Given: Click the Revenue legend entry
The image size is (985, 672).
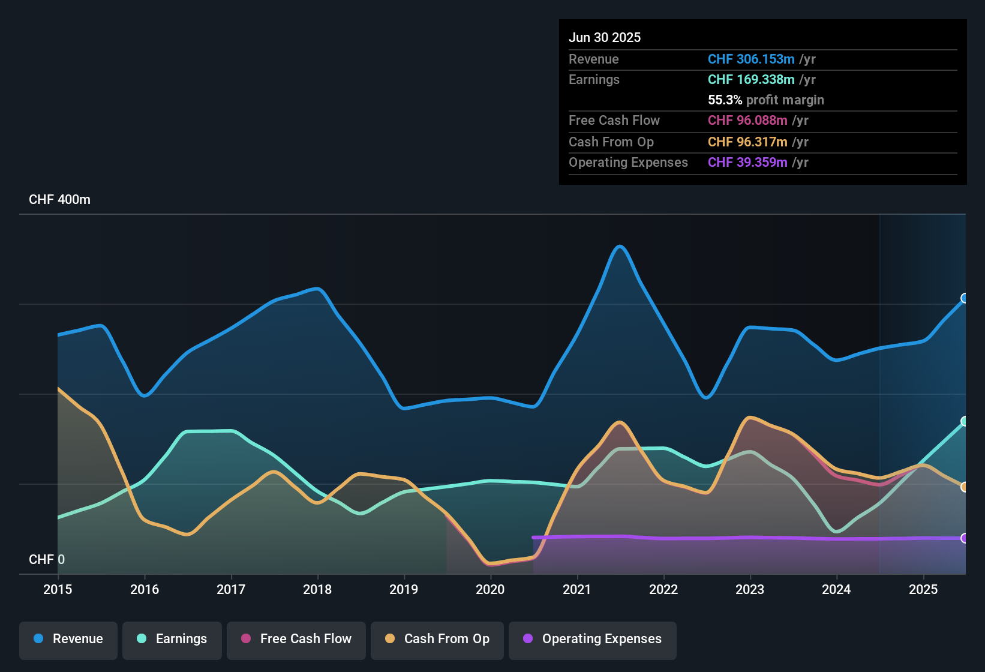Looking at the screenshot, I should (68, 639).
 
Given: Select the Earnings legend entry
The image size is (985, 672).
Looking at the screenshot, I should (172, 639).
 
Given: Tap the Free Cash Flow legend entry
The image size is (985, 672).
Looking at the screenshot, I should (296, 639).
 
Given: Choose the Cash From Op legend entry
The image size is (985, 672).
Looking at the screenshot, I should (437, 639).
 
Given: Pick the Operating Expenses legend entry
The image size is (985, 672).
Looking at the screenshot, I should (593, 639).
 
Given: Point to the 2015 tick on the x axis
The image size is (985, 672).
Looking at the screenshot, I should (58, 589).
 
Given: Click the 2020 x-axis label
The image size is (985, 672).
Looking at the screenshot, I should (490, 589).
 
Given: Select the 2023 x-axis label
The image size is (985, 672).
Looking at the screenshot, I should (750, 589).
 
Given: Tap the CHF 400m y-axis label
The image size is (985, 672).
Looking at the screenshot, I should (59, 200).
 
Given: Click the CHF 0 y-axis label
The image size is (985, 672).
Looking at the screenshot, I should (47, 559).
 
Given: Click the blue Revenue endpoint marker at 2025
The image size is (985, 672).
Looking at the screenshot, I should (965, 298).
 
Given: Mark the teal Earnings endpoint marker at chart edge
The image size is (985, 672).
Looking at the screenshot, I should (965, 421).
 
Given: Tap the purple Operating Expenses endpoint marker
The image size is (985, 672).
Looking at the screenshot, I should (965, 538).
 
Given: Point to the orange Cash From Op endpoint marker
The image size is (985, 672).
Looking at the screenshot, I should (965, 487).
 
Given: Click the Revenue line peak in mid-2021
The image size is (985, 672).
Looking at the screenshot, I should (620, 246).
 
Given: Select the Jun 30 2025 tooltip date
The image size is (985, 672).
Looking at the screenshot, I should (605, 37).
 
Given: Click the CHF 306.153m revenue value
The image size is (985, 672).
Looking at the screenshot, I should (751, 59).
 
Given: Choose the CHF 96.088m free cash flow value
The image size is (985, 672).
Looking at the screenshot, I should (747, 120).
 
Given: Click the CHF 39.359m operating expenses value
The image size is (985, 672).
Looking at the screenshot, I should (747, 162).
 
